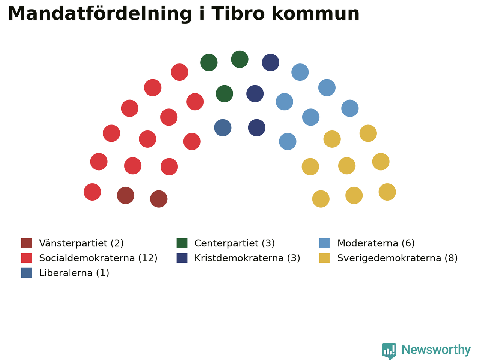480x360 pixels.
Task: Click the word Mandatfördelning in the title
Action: [x=100, y=14]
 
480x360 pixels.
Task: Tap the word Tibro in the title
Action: [x=238, y=13]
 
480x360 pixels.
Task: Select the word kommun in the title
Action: [x=316, y=13]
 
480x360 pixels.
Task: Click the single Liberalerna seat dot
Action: [x=223, y=127]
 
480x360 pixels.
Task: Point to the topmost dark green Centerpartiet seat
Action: [x=240, y=59]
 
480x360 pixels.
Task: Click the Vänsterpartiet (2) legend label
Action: [x=81, y=243]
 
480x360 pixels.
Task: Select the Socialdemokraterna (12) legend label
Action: [x=98, y=258]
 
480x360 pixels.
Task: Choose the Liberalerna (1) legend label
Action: [x=74, y=273]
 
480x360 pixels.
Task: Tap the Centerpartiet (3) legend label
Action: [x=235, y=243]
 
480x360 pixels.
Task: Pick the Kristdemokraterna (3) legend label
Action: [x=247, y=258]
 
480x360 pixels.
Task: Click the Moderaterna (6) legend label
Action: [x=376, y=243]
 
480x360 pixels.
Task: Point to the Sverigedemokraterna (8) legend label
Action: [x=397, y=258]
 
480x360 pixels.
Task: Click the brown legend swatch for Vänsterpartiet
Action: [x=27, y=243]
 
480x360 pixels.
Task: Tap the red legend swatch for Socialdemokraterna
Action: [x=27, y=258]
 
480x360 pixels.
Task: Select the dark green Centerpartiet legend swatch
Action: [x=182, y=243]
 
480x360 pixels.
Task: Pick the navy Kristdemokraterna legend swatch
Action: [x=182, y=258]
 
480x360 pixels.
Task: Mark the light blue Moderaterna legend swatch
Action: [x=325, y=243]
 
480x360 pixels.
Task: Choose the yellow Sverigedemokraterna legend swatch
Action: [x=325, y=258]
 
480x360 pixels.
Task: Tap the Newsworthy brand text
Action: [x=436, y=350]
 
